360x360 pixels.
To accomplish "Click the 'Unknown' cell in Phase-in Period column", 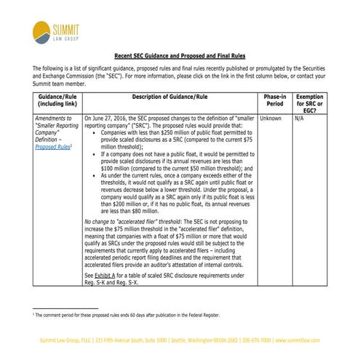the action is click(x=271, y=117).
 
